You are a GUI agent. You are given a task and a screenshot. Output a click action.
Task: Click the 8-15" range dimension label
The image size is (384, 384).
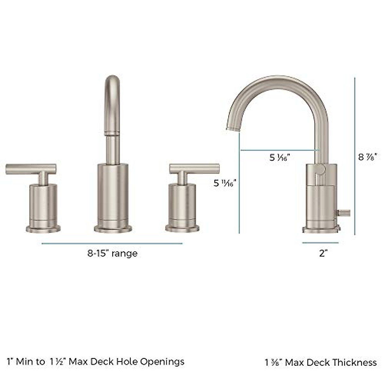(x=112, y=253)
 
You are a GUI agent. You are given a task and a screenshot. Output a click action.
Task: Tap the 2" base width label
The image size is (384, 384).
(x=323, y=253)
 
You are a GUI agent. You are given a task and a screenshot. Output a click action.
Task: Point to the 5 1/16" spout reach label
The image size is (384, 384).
(x=279, y=157)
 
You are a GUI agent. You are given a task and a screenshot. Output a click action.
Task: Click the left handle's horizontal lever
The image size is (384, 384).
(x=31, y=169)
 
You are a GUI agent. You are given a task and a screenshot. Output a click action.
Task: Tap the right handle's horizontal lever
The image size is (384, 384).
(x=194, y=169)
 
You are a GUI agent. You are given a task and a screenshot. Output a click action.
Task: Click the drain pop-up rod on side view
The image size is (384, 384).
(x=344, y=213)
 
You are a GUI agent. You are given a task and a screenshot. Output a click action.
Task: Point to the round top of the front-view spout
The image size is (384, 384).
(x=112, y=80)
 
